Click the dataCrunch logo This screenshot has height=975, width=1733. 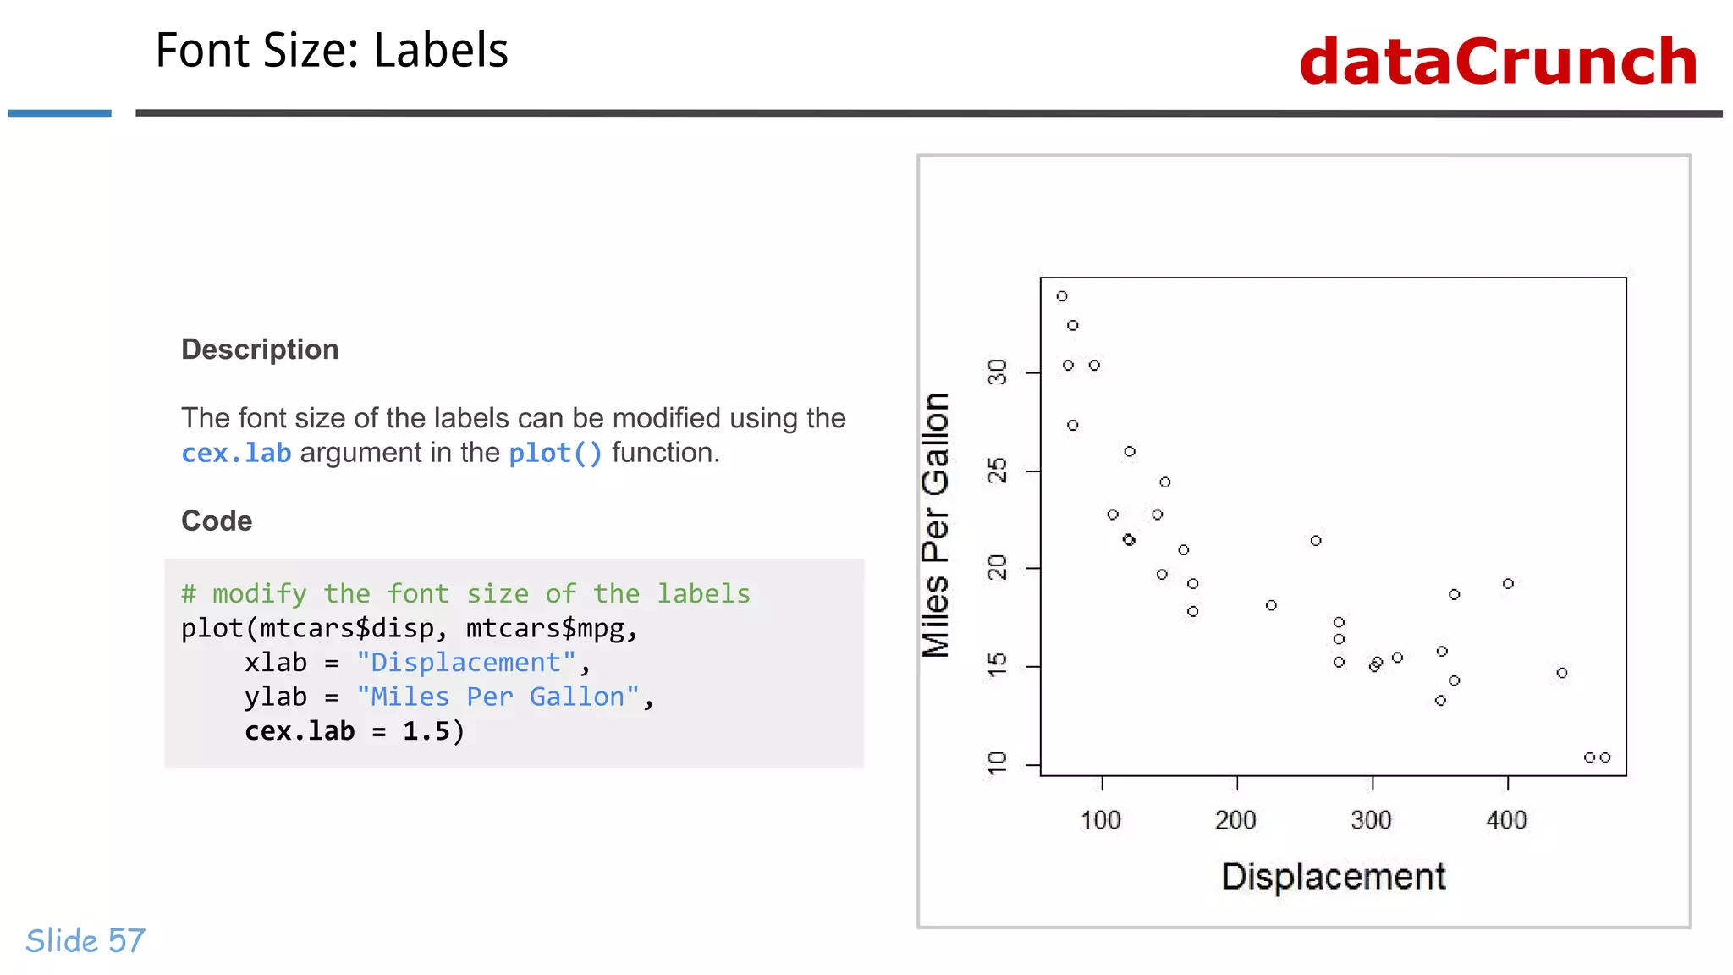click(1498, 62)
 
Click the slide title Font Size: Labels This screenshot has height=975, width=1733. click(332, 51)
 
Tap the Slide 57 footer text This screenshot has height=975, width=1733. click(85, 940)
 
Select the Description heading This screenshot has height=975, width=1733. click(260, 350)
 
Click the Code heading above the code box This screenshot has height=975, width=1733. click(217, 521)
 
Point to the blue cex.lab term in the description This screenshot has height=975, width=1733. click(236, 454)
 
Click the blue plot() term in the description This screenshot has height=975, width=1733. click(555, 454)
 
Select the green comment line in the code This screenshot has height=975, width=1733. click(465, 593)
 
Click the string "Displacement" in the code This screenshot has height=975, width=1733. click(465, 663)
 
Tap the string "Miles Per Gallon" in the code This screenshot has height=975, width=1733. click(498, 697)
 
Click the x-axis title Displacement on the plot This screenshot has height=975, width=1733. click(1334, 877)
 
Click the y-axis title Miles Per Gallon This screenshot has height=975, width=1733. click(936, 525)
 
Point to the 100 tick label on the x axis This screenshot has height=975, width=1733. click(1101, 820)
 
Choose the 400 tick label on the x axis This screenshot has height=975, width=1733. click(1507, 820)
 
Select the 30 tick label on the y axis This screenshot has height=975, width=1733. click(998, 372)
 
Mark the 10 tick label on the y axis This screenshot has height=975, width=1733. click(998, 763)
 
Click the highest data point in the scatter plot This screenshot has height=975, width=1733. click(1062, 296)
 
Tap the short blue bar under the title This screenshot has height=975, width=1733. click(59, 113)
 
